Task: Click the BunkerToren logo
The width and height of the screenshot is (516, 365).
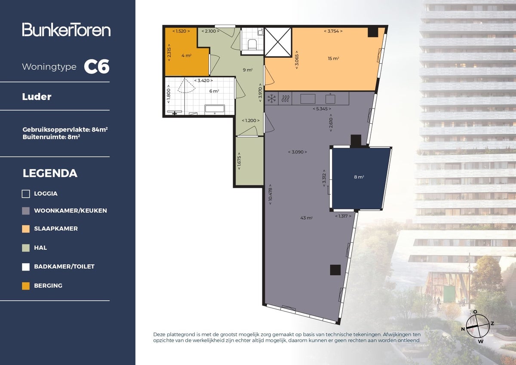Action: (66, 30)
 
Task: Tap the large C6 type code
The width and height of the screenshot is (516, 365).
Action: (96, 67)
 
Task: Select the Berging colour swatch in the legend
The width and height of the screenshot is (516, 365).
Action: (26, 286)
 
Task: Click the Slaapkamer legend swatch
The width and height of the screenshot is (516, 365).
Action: (26, 229)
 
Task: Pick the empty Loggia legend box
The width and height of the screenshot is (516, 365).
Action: (26, 193)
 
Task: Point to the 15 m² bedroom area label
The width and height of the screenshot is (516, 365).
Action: (333, 58)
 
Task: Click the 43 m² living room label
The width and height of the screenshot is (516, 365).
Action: (306, 218)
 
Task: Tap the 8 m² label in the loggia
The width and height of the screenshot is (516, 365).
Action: (359, 177)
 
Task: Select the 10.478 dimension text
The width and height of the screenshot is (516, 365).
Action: (270, 194)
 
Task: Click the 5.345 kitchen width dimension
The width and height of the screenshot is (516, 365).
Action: (322, 109)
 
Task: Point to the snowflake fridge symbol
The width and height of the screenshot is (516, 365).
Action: (272, 98)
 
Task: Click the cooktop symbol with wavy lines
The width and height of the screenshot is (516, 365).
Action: (285, 99)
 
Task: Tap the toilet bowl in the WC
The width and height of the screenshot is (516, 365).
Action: (252, 44)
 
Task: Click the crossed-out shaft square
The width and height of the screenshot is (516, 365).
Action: (278, 42)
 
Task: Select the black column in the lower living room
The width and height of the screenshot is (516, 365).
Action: (335, 270)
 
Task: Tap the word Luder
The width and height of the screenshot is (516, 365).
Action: (37, 97)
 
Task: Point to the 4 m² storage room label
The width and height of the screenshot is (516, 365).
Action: (186, 55)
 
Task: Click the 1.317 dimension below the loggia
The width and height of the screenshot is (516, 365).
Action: (343, 216)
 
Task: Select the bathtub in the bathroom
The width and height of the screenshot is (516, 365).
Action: (215, 109)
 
